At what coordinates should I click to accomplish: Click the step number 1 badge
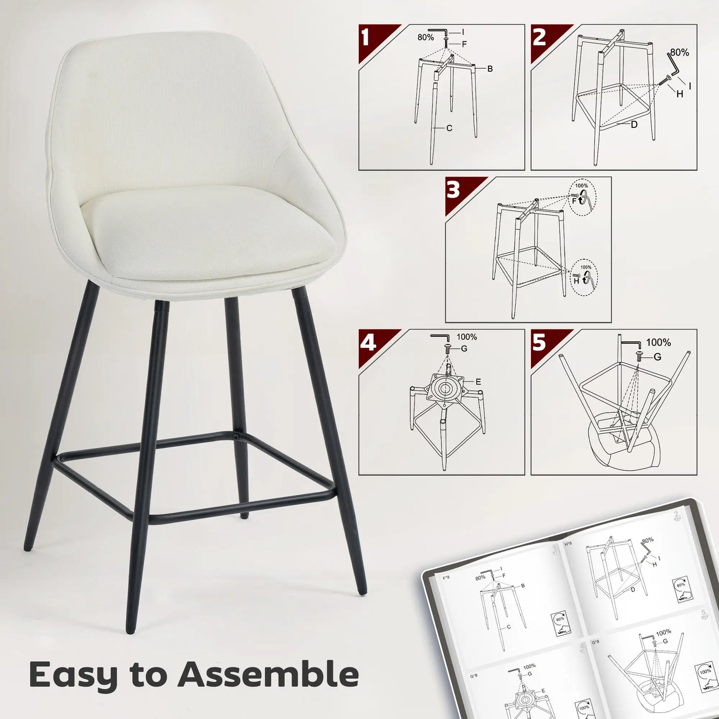pyautogui.click(x=366, y=37)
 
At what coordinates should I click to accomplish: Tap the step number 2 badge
pyautogui.click(x=539, y=37)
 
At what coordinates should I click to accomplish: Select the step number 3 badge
pyautogui.click(x=453, y=190)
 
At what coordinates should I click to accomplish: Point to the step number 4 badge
pyautogui.click(x=368, y=343)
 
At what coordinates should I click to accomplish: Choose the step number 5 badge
pyautogui.click(x=539, y=343)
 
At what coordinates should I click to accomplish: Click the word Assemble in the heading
pyautogui.click(x=268, y=675)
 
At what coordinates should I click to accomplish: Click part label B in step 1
pyautogui.click(x=490, y=69)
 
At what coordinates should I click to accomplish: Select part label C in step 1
pyautogui.click(x=449, y=128)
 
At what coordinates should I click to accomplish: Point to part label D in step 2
pyautogui.click(x=634, y=124)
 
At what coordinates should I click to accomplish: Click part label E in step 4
pyautogui.click(x=478, y=382)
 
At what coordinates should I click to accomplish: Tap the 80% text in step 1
pyautogui.click(x=425, y=37)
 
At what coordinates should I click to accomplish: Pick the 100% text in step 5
pyautogui.click(x=658, y=343)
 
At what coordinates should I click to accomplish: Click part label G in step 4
pyautogui.click(x=464, y=349)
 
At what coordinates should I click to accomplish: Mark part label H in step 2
pyautogui.click(x=680, y=93)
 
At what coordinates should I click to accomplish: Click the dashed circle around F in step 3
pyautogui.click(x=582, y=197)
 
